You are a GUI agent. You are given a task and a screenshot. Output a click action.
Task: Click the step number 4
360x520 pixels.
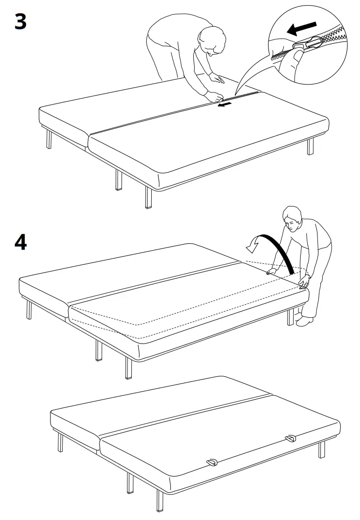[x=20, y=242]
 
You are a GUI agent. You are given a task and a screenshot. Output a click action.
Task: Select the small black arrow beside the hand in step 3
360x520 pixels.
[x=225, y=105]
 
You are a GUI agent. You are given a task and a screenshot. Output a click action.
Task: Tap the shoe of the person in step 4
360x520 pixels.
[x=306, y=321]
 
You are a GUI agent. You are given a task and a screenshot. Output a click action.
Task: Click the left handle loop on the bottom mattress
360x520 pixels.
[x=212, y=462]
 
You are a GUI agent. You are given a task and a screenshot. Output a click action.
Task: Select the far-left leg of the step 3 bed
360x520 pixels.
[x=49, y=139]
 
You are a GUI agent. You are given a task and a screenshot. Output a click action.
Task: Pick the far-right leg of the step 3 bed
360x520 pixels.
[x=311, y=147]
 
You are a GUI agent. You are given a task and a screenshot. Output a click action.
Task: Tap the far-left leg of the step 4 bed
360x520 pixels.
[x=29, y=309]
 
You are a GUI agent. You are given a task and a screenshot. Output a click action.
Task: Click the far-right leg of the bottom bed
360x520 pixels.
[x=322, y=449]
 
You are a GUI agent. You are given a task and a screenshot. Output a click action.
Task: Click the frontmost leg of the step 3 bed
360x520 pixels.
[x=148, y=197]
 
